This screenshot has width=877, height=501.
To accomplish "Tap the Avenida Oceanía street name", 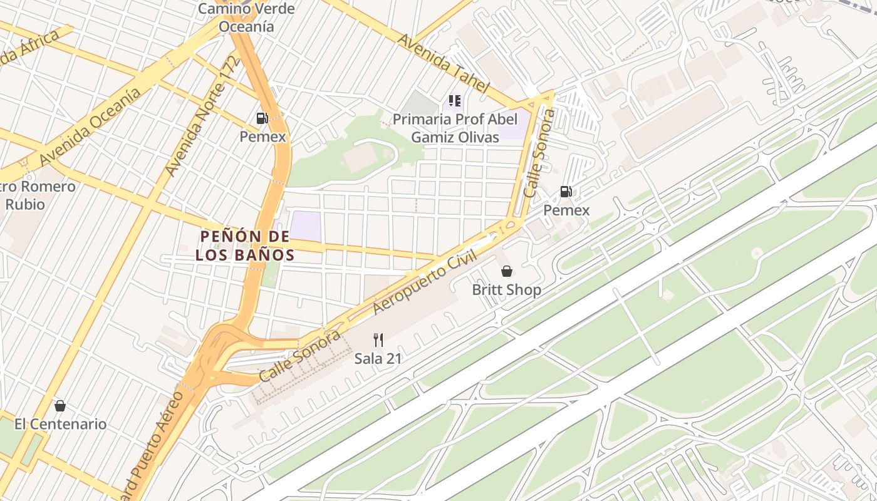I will (x=90, y=128).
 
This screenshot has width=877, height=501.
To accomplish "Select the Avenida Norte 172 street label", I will (x=202, y=116).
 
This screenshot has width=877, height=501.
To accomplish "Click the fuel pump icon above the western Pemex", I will (x=262, y=118).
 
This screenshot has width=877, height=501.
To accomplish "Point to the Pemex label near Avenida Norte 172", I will (x=262, y=137).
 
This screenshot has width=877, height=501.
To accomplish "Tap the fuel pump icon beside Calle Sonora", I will (x=566, y=192).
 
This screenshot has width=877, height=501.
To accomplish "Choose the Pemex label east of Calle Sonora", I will (x=566, y=210).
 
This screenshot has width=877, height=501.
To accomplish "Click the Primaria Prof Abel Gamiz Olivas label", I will (x=455, y=128).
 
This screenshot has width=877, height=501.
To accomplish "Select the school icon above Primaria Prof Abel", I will (x=455, y=100).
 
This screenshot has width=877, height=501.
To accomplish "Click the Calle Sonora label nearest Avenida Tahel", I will (x=539, y=153).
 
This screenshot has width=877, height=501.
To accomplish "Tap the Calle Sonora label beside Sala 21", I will (x=299, y=356).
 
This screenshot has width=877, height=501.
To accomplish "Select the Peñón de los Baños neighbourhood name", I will (x=244, y=245).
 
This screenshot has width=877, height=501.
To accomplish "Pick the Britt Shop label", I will (x=506, y=291).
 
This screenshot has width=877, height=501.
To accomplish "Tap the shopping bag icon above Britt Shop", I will (x=506, y=271).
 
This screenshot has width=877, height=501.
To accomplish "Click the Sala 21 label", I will (x=378, y=359).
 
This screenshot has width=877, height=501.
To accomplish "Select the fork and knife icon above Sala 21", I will (x=378, y=340).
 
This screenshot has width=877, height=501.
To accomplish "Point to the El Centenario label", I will (x=60, y=424).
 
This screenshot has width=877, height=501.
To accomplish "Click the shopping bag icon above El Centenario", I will (x=60, y=406).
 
